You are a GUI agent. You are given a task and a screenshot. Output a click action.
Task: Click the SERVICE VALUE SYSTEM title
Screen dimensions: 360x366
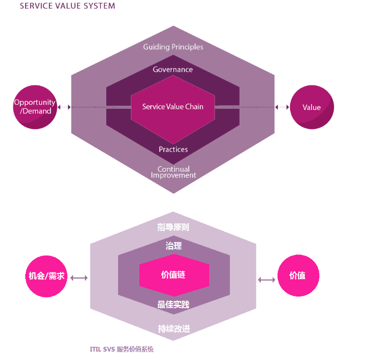[x=67, y=6]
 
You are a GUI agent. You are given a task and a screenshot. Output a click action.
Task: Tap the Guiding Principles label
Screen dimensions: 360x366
[x=173, y=47]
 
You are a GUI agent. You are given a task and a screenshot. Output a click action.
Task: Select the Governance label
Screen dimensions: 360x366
[x=173, y=70]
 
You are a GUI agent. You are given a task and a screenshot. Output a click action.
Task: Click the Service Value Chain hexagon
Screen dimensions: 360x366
[x=173, y=107]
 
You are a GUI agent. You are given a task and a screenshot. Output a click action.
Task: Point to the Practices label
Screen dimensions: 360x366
[x=173, y=149]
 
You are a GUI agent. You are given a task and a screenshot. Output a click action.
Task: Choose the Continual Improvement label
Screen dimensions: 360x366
[x=173, y=172]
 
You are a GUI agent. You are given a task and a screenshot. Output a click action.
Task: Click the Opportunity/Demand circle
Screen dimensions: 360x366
[x=35, y=107]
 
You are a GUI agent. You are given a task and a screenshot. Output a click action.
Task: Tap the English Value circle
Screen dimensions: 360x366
[x=311, y=107]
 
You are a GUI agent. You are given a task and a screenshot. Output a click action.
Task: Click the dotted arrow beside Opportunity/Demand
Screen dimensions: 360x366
[x=64, y=107]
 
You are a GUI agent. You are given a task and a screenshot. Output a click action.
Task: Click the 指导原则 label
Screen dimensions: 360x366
[x=173, y=227]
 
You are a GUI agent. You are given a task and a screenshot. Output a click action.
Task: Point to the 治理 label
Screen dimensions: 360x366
[x=173, y=246]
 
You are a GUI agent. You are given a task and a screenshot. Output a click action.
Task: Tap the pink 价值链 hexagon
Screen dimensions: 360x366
[x=174, y=275]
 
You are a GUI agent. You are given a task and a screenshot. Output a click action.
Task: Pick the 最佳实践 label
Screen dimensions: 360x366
[x=173, y=304]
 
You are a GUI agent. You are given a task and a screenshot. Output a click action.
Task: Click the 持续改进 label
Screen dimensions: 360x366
[x=173, y=329]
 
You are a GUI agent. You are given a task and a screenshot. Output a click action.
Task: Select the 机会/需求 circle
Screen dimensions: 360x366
[x=47, y=276]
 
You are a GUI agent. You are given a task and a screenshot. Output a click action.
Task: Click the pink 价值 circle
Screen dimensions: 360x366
[x=299, y=276]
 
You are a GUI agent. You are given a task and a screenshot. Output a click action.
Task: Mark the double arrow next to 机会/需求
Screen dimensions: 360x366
[x=79, y=277]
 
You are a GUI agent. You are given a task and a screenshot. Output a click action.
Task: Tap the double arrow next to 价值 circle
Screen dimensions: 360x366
[x=266, y=279]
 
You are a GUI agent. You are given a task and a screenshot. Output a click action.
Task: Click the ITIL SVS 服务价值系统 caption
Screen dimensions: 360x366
[x=121, y=349]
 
